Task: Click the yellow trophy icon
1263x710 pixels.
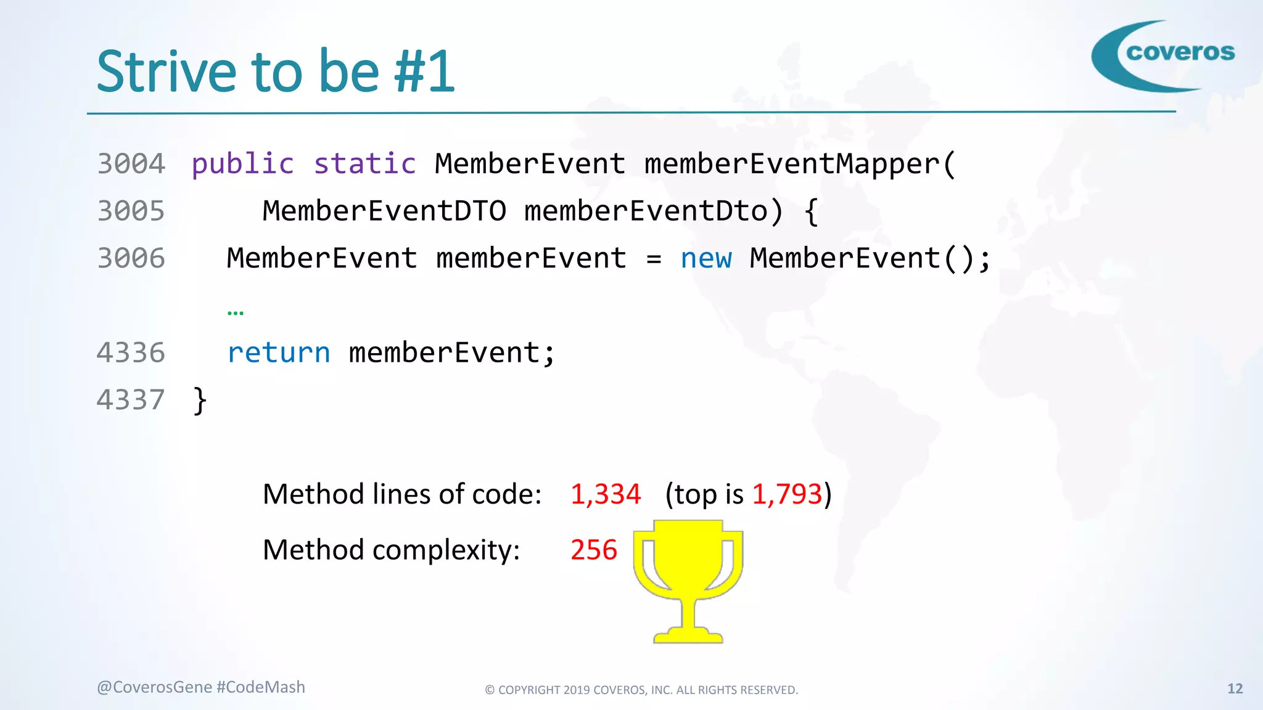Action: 688,579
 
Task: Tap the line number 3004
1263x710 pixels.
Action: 131,164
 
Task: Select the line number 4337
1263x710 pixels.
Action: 131,400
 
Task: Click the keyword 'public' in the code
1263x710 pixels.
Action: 242,164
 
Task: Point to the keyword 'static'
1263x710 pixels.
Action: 364,164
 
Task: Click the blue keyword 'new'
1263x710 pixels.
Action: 706,258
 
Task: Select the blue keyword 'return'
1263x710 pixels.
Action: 279,353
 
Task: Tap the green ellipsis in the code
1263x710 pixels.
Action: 236,312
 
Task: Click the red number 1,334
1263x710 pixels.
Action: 605,494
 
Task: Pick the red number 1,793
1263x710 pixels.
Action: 787,494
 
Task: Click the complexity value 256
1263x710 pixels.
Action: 593,550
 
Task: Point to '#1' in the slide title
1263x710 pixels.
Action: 424,72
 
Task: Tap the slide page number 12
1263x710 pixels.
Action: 1235,688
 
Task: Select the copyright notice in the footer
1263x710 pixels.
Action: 641,690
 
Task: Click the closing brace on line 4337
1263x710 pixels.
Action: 200,401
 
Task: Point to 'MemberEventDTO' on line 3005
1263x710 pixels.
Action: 384,211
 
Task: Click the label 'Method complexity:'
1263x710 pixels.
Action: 391,550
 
